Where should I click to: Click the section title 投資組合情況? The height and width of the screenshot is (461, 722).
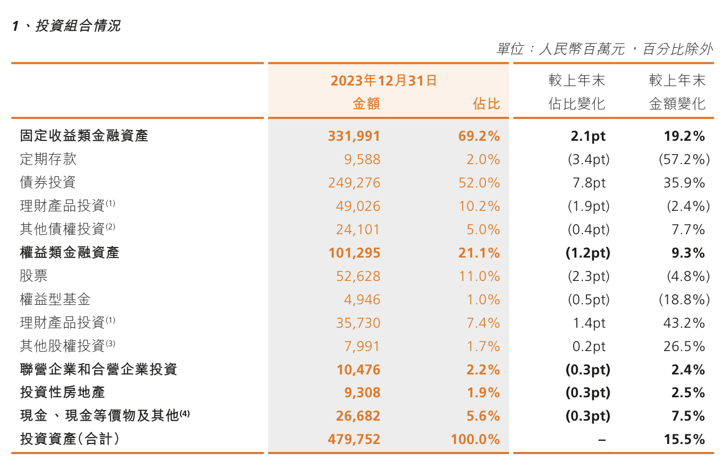(x=78, y=25)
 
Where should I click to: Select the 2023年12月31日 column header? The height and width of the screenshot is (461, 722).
(x=384, y=81)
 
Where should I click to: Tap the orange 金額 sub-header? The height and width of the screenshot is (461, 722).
(x=366, y=104)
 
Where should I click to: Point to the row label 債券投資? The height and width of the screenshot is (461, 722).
(x=48, y=183)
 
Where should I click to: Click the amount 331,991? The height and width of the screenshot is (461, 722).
(x=354, y=136)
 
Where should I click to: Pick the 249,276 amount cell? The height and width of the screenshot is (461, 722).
(x=354, y=183)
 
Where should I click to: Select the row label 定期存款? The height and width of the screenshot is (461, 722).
(x=48, y=159)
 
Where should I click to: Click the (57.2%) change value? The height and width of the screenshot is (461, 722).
(x=684, y=159)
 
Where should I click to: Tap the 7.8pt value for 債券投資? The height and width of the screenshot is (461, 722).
(x=588, y=183)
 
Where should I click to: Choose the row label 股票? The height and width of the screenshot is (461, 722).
(x=33, y=276)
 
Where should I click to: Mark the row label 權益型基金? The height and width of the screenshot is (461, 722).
(x=55, y=300)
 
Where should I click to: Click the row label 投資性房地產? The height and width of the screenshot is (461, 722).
(x=62, y=392)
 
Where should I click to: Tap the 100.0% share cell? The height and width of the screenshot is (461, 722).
(x=475, y=439)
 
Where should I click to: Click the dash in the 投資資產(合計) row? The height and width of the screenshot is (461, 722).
(x=602, y=440)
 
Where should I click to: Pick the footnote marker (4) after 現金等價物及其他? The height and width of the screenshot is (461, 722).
(x=184, y=413)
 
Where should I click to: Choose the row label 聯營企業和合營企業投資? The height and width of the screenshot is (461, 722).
(x=98, y=369)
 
